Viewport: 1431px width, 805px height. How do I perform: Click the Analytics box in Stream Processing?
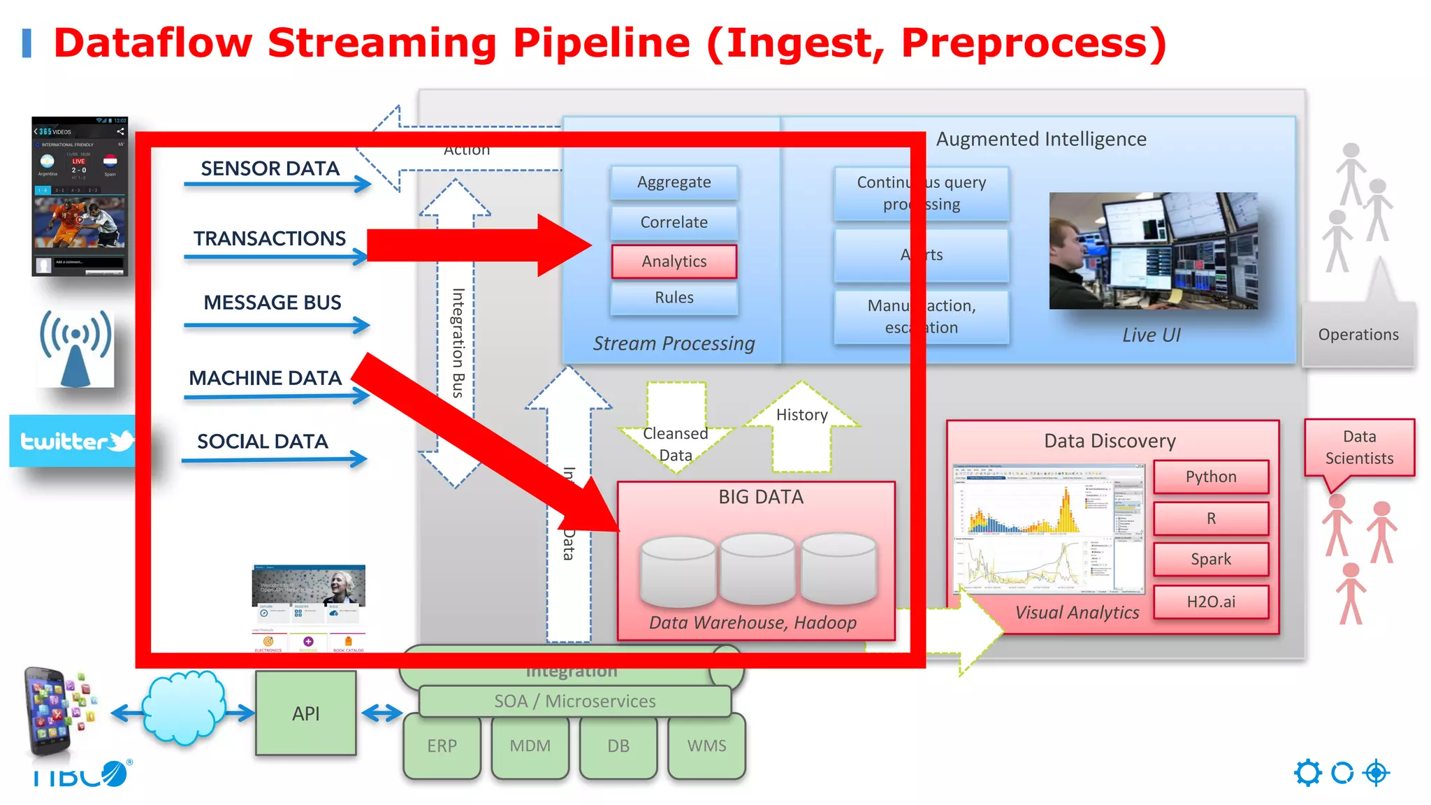click(x=674, y=261)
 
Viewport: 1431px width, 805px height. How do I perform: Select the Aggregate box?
click(x=674, y=182)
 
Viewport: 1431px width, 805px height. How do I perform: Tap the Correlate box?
click(x=674, y=222)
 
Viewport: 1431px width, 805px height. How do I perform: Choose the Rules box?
click(x=674, y=298)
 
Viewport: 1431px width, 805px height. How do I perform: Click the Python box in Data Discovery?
click(x=1210, y=477)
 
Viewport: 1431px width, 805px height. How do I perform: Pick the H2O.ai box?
click(x=1210, y=602)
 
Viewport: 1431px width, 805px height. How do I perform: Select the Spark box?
click(x=1210, y=559)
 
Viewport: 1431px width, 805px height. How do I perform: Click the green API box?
click(x=305, y=713)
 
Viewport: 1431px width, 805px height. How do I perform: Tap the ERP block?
click(x=442, y=746)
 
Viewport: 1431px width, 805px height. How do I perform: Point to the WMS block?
click(x=706, y=746)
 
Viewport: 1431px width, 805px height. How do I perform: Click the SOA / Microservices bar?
click(x=574, y=701)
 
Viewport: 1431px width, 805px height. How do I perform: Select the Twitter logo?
click(x=73, y=441)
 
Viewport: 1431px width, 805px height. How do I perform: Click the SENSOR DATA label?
click(x=270, y=168)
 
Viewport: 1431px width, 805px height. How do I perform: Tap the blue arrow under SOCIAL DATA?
click(x=274, y=459)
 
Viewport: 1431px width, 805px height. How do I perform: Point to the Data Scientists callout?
click(x=1359, y=447)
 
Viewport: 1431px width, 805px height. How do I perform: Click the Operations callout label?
click(x=1358, y=335)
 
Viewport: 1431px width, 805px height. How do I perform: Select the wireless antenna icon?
click(x=75, y=348)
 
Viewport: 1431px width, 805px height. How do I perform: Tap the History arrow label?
click(x=801, y=415)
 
